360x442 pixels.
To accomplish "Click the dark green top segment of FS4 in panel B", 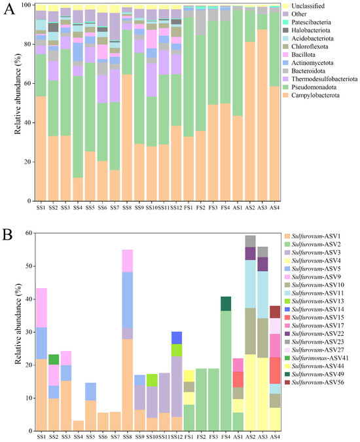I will coord(226,303).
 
